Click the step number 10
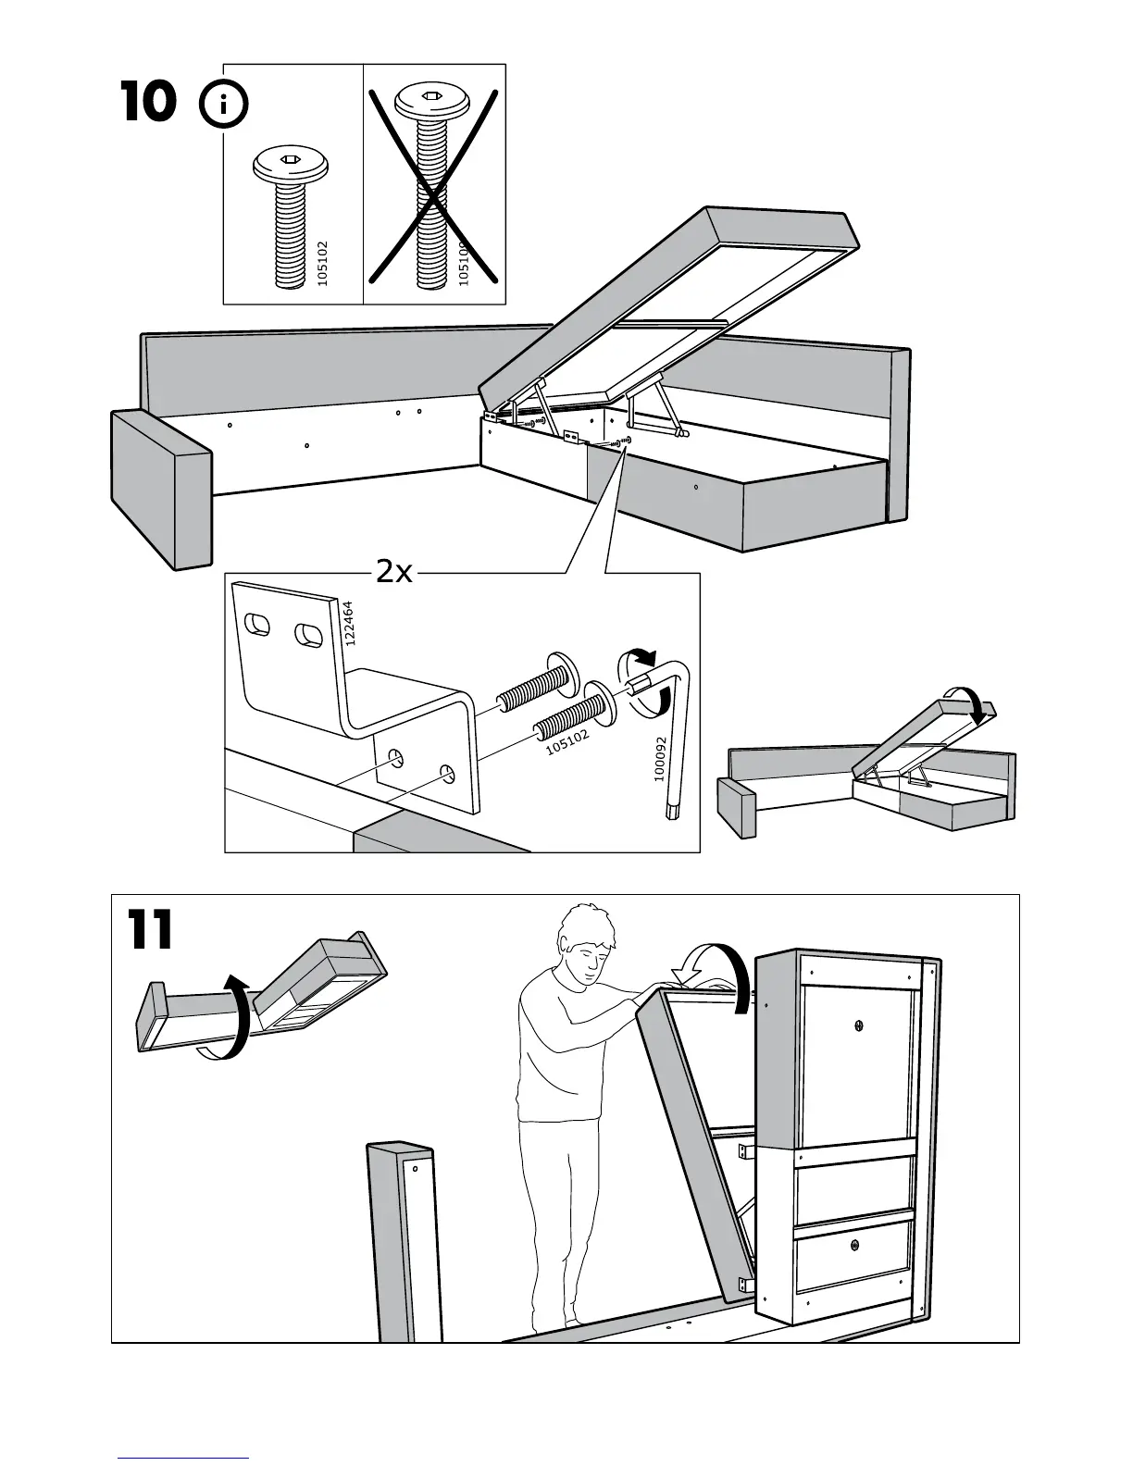click(x=148, y=102)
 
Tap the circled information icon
click(x=224, y=106)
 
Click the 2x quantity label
click(x=393, y=573)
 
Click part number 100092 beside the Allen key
click(x=660, y=759)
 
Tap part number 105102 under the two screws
click(x=567, y=740)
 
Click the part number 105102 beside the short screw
click(x=322, y=263)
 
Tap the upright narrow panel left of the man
click(x=405, y=1240)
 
